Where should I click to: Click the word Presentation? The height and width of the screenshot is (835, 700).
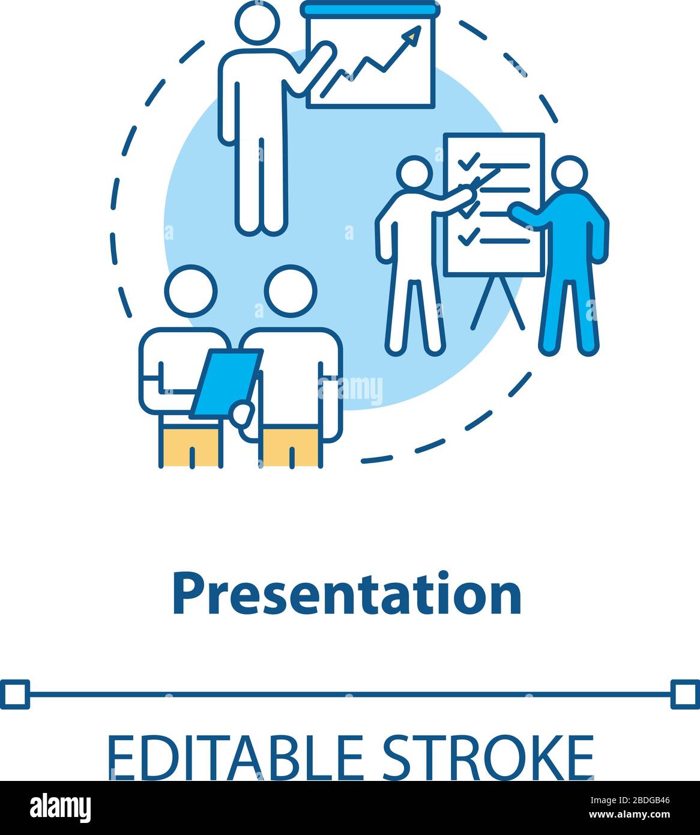click(x=346, y=595)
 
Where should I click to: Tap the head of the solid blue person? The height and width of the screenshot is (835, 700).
click(x=568, y=174)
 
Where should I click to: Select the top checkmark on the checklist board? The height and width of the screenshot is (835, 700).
click(x=468, y=161)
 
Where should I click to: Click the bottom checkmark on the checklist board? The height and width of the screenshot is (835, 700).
click(x=468, y=237)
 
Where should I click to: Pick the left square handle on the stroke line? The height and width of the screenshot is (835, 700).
click(x=14, y=694)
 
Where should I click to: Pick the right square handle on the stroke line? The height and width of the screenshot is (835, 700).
click(x=685, y=694)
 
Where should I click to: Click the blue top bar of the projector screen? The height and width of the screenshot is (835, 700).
click(x=370, y=9)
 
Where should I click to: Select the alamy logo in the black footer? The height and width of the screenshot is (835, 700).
click(x=61, y=807)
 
